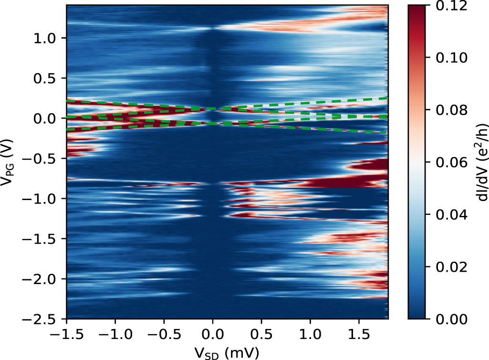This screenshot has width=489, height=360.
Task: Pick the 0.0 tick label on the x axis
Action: click(212, 333)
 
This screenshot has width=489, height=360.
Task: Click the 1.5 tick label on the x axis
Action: click(358, 333)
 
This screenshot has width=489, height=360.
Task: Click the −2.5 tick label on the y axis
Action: click(43, 318)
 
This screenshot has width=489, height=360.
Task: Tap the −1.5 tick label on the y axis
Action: click(43, 238)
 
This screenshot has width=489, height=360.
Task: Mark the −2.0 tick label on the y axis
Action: click(43, 278)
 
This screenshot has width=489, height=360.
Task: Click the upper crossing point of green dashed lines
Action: click(218, 109)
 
